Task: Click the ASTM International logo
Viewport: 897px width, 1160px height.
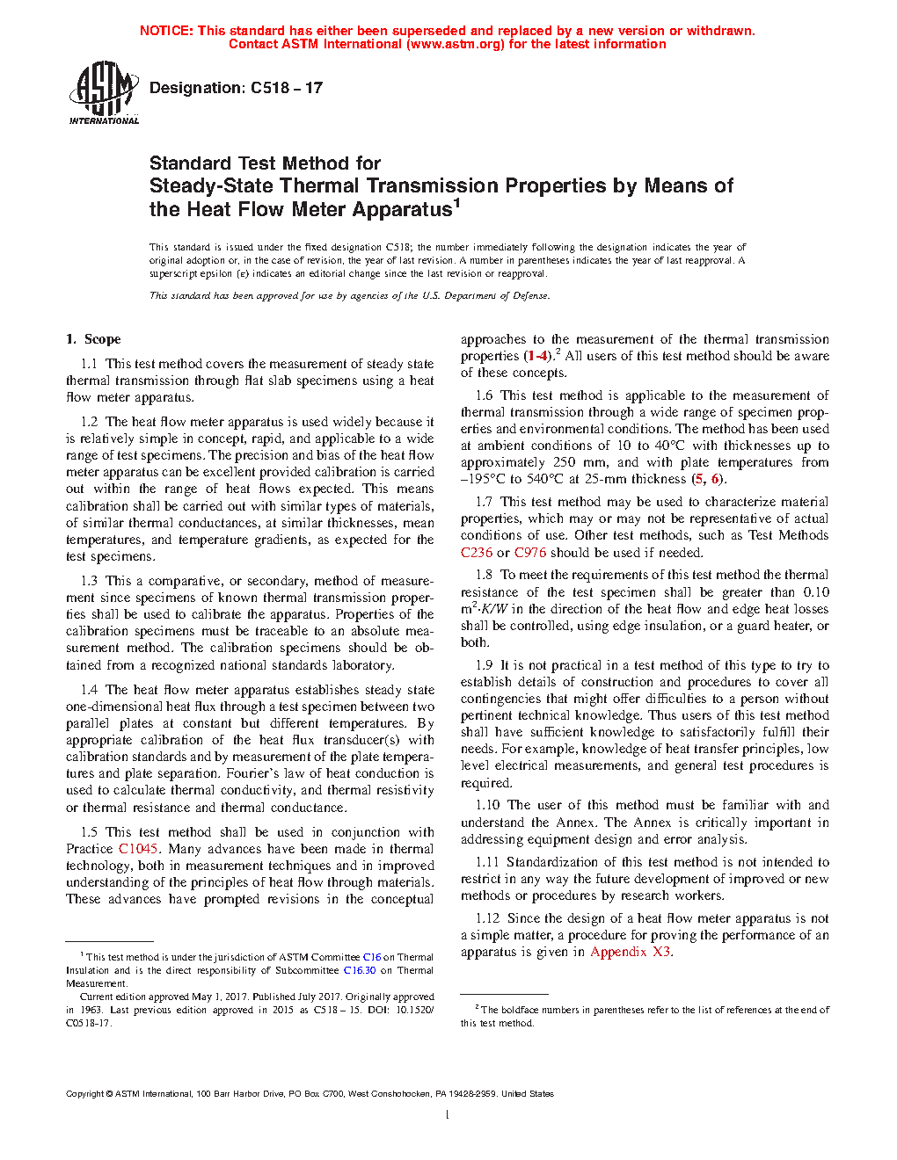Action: (x=103, y=92)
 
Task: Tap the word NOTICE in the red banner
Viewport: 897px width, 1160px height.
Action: (x=166, y=31)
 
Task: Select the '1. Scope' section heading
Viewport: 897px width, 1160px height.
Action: (x=93, y=339)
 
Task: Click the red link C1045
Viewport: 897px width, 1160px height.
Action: (x=138, y=849)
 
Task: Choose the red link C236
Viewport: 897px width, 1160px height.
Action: (x=477, y=553)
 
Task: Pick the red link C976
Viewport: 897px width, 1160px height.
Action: (x=530, y=553)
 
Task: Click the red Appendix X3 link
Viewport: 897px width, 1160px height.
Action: (x=631, y=952)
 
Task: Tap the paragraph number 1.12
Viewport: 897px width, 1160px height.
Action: (x=487, y=918)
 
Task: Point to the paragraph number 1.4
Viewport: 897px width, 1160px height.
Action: (x=89, y=690)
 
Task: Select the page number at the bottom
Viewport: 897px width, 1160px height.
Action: (x=448, y=1115)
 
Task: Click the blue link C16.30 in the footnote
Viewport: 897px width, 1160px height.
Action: (x=359, y=970)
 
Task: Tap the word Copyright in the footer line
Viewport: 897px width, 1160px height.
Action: (x=84, y=1094)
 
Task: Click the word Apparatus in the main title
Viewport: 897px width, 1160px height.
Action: (x=402, y=210)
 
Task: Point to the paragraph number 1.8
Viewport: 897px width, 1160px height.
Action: (x=484, y=575)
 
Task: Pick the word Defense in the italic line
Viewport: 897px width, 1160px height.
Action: (x=529, y=296)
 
